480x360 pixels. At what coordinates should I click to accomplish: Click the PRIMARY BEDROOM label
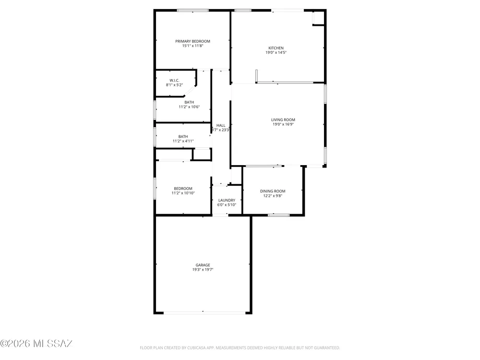192,41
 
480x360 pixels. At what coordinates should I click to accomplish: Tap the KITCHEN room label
276,48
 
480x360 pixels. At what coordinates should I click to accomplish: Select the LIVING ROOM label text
283,120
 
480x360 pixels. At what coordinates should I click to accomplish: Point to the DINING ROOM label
273,192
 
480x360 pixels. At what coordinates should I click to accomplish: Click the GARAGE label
203,265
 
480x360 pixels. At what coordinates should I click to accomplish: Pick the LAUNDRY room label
227,201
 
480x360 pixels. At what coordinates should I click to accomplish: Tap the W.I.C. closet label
174,81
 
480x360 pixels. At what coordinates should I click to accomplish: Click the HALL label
221,125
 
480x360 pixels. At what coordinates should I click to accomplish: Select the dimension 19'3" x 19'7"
203,270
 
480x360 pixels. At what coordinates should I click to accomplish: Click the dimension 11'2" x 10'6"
189,107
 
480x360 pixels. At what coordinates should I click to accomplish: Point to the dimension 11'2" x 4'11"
183,141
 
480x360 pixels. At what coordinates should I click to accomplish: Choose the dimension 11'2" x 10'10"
183,193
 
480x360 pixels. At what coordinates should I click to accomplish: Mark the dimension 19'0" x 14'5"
276,53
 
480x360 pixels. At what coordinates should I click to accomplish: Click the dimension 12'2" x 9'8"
273,196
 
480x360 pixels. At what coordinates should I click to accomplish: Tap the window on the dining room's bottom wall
278,215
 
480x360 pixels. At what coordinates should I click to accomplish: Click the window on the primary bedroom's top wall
193,11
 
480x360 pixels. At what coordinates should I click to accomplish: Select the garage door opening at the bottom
204,313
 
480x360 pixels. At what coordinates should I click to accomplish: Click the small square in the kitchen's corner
318,18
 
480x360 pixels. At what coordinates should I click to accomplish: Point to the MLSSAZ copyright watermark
36,344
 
